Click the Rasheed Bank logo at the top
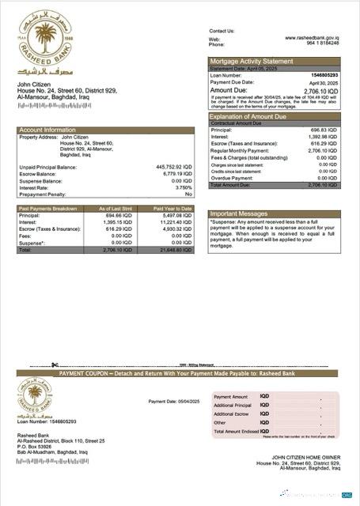pos(40,49)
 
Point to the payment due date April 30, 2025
pos(324,81)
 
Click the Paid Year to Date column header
pos(173,208)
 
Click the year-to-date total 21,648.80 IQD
pos(175,249)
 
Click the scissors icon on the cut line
pos(55,364)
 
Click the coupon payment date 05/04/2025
pos(184,401)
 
